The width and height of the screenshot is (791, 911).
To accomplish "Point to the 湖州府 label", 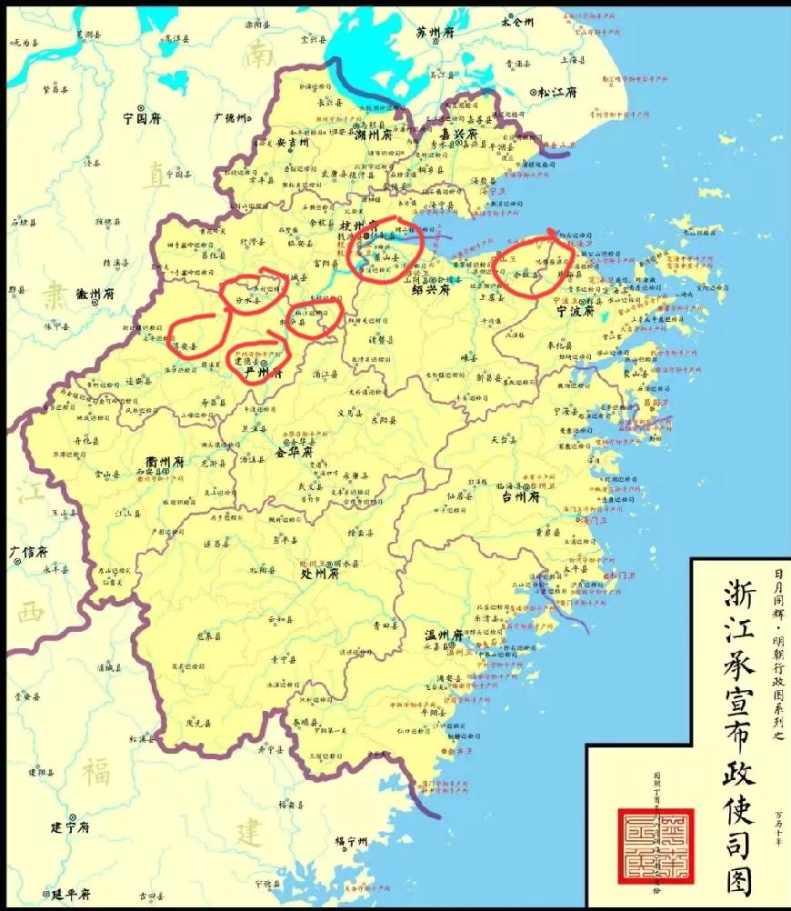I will [374, 134].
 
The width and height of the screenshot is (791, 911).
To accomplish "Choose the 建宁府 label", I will [68, 827].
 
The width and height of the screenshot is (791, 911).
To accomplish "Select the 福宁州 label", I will [350, 842].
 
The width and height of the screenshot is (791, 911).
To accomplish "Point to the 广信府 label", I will [28, 551].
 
